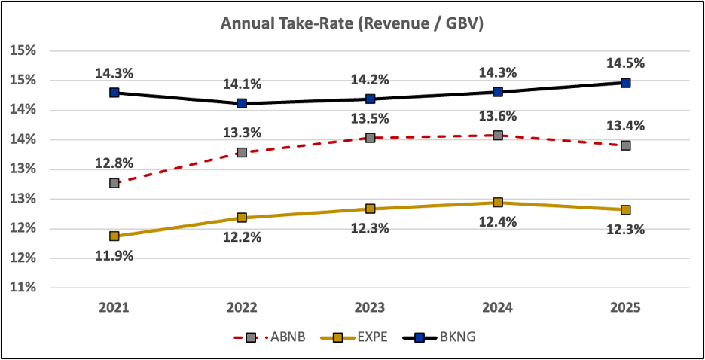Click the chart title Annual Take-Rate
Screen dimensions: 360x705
(x=352, y=24)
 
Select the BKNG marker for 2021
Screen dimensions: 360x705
(x=114, y=92)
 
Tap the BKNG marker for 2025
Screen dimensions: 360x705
(x=625, y=83)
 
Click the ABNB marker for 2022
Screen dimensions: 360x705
(x=242, y=152)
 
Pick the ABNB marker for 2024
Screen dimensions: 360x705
(x=497, y=136)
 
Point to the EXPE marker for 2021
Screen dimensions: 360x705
(x=114, y=236)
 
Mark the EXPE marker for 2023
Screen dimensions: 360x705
(x=370, y=209)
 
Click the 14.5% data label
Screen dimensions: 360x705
(x=625, y=63)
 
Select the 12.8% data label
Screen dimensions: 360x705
(x=114, y=163)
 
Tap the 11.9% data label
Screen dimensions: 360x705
(x=114, y=256)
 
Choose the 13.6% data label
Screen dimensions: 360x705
(x=497, y=116)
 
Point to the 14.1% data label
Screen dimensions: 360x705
(x=242, y=84)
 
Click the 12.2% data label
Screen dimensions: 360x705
(x=242, y=238)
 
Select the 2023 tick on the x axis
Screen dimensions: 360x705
(x=370, y=307)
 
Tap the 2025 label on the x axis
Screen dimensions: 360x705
(x=625, y=307)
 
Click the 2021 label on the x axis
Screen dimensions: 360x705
(x=114, y=307)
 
